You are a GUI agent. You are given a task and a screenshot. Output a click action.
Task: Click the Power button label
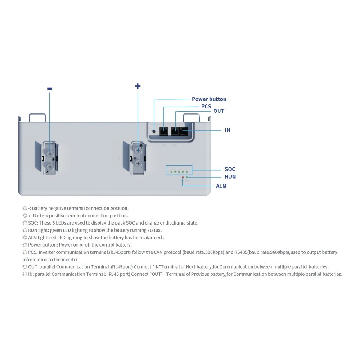tap(209, 99)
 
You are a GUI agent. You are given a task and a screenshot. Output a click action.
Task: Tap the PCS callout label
tap(206, 107)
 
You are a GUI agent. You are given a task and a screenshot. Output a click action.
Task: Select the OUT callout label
tap(219, 111)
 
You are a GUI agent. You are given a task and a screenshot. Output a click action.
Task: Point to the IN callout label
tap(228, 130)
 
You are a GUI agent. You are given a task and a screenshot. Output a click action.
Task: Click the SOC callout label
tap(230, 169)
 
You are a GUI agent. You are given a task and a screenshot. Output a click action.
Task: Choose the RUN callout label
tap(230, 177)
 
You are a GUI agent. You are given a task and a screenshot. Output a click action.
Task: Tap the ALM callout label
tap(221, 186)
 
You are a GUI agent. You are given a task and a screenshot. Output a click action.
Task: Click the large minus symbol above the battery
tap(49, 89)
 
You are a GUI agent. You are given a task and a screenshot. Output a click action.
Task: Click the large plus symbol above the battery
tap(138, 86)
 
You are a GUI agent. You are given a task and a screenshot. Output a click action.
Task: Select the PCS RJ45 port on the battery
tap(164, 131)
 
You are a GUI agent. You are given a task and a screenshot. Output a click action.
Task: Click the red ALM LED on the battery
tap(182, 178)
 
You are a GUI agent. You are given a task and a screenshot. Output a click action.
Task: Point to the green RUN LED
tap(187, 178)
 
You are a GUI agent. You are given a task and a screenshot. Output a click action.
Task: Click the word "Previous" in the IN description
tap(202, 274)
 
